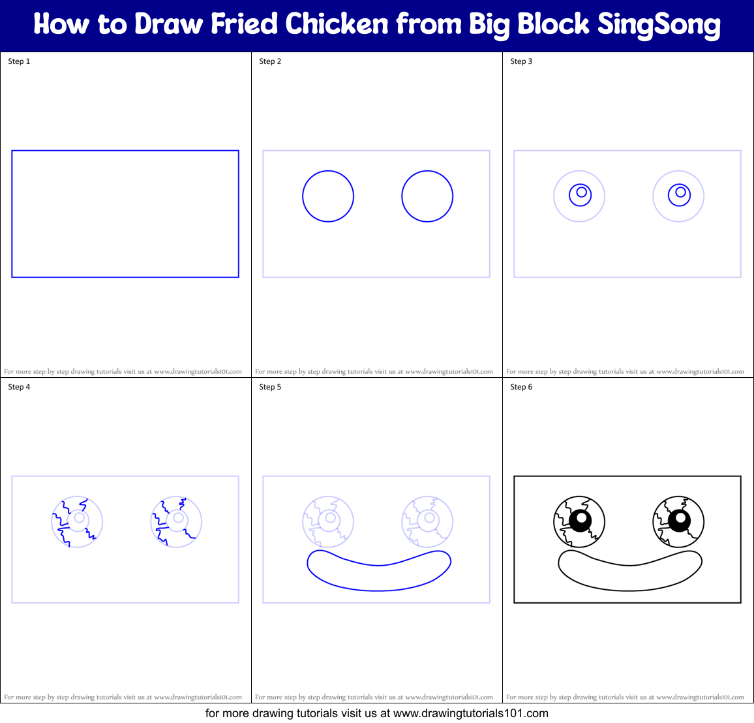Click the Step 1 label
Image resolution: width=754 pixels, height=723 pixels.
pyautogui.click(x=19, y=61)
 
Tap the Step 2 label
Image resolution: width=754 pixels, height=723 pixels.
pyautogui.click(x=270, y=61)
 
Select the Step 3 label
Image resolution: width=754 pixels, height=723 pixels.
pyautogui.click(x=521, y=61)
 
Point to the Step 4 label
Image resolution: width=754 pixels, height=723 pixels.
pyautogui.click(x=19, y=387)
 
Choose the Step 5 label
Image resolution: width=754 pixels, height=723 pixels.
pyautogui.click(x=270, y=387)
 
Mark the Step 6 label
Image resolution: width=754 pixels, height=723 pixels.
pyautogui.click(x=521, y=387)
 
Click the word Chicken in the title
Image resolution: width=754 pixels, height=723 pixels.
pyautogui.click(x=337, y=25)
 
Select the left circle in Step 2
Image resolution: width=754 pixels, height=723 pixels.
pyautogui.click(x=328, y=196)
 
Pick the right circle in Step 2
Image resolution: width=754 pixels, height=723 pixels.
pyautogui.click(x=427, y=196)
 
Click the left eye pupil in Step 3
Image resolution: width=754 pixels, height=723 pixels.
pyautogui.click(x=580, y=194)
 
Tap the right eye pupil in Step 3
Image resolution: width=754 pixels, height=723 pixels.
pyautogui.click(x=679, y=194)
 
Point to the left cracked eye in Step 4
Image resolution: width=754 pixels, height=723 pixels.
pyautogui.click(x=77, y=521)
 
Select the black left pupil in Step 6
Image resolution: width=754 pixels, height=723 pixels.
pyautogui.click(x=580, y=520)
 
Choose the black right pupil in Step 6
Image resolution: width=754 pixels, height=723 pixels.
pyautogui.click(x=679, y=520)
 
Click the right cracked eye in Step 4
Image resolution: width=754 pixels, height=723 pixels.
pyautogui.click(x=176, y=521)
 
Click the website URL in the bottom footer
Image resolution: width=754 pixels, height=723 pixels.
pyautogui.click(x=470, y=713)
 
